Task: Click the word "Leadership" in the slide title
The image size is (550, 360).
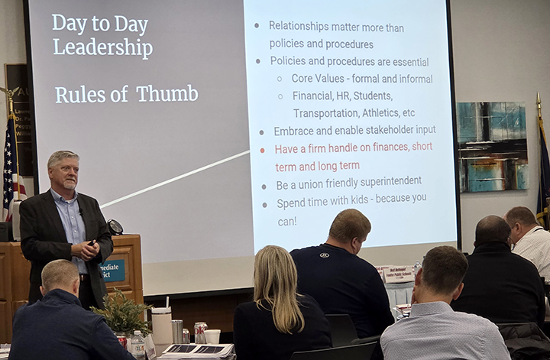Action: click(102, 47)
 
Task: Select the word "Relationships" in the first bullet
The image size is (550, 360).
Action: click(304, 27)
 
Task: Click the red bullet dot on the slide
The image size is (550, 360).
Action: click(263, 150)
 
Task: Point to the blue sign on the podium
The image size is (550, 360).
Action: click(113, 271)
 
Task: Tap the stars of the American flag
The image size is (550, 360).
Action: click(9, 145)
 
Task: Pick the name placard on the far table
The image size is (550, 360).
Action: click(398, 274)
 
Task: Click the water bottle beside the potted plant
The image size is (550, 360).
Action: click(137, 345)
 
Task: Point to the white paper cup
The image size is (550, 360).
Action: click(212, 336)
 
